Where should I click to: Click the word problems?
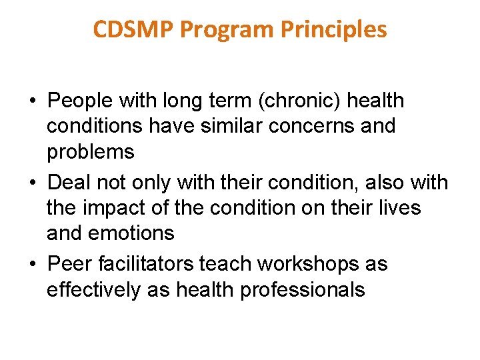(x=91, y=151)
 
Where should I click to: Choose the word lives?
(x=401, y=207)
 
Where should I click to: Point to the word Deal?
(x=70, y=182)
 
